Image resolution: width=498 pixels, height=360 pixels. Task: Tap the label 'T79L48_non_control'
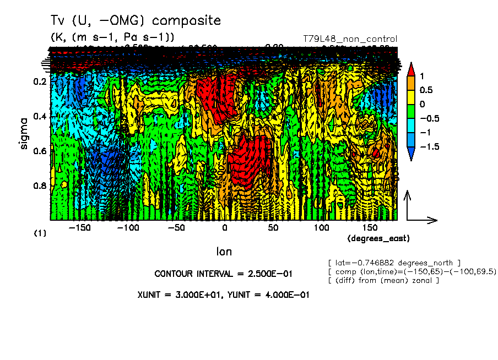350,39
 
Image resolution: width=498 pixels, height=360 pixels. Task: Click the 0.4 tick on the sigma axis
39,117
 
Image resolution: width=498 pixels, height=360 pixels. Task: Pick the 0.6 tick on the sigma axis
39,151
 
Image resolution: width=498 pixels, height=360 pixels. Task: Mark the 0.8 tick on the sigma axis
39,186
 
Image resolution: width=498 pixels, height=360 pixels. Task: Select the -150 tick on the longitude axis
81,228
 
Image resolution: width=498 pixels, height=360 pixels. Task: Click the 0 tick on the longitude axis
225,228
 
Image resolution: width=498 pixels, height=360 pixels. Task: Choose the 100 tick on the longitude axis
321,228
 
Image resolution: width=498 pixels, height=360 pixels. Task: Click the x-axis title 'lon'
224,252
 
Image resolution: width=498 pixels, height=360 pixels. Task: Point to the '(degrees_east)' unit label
379,238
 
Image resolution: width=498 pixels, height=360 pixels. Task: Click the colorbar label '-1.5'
426,147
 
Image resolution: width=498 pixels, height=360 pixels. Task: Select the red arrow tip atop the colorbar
410,68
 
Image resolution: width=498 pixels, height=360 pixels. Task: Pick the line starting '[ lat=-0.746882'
394,262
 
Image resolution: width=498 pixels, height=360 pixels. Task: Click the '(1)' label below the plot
40,233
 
